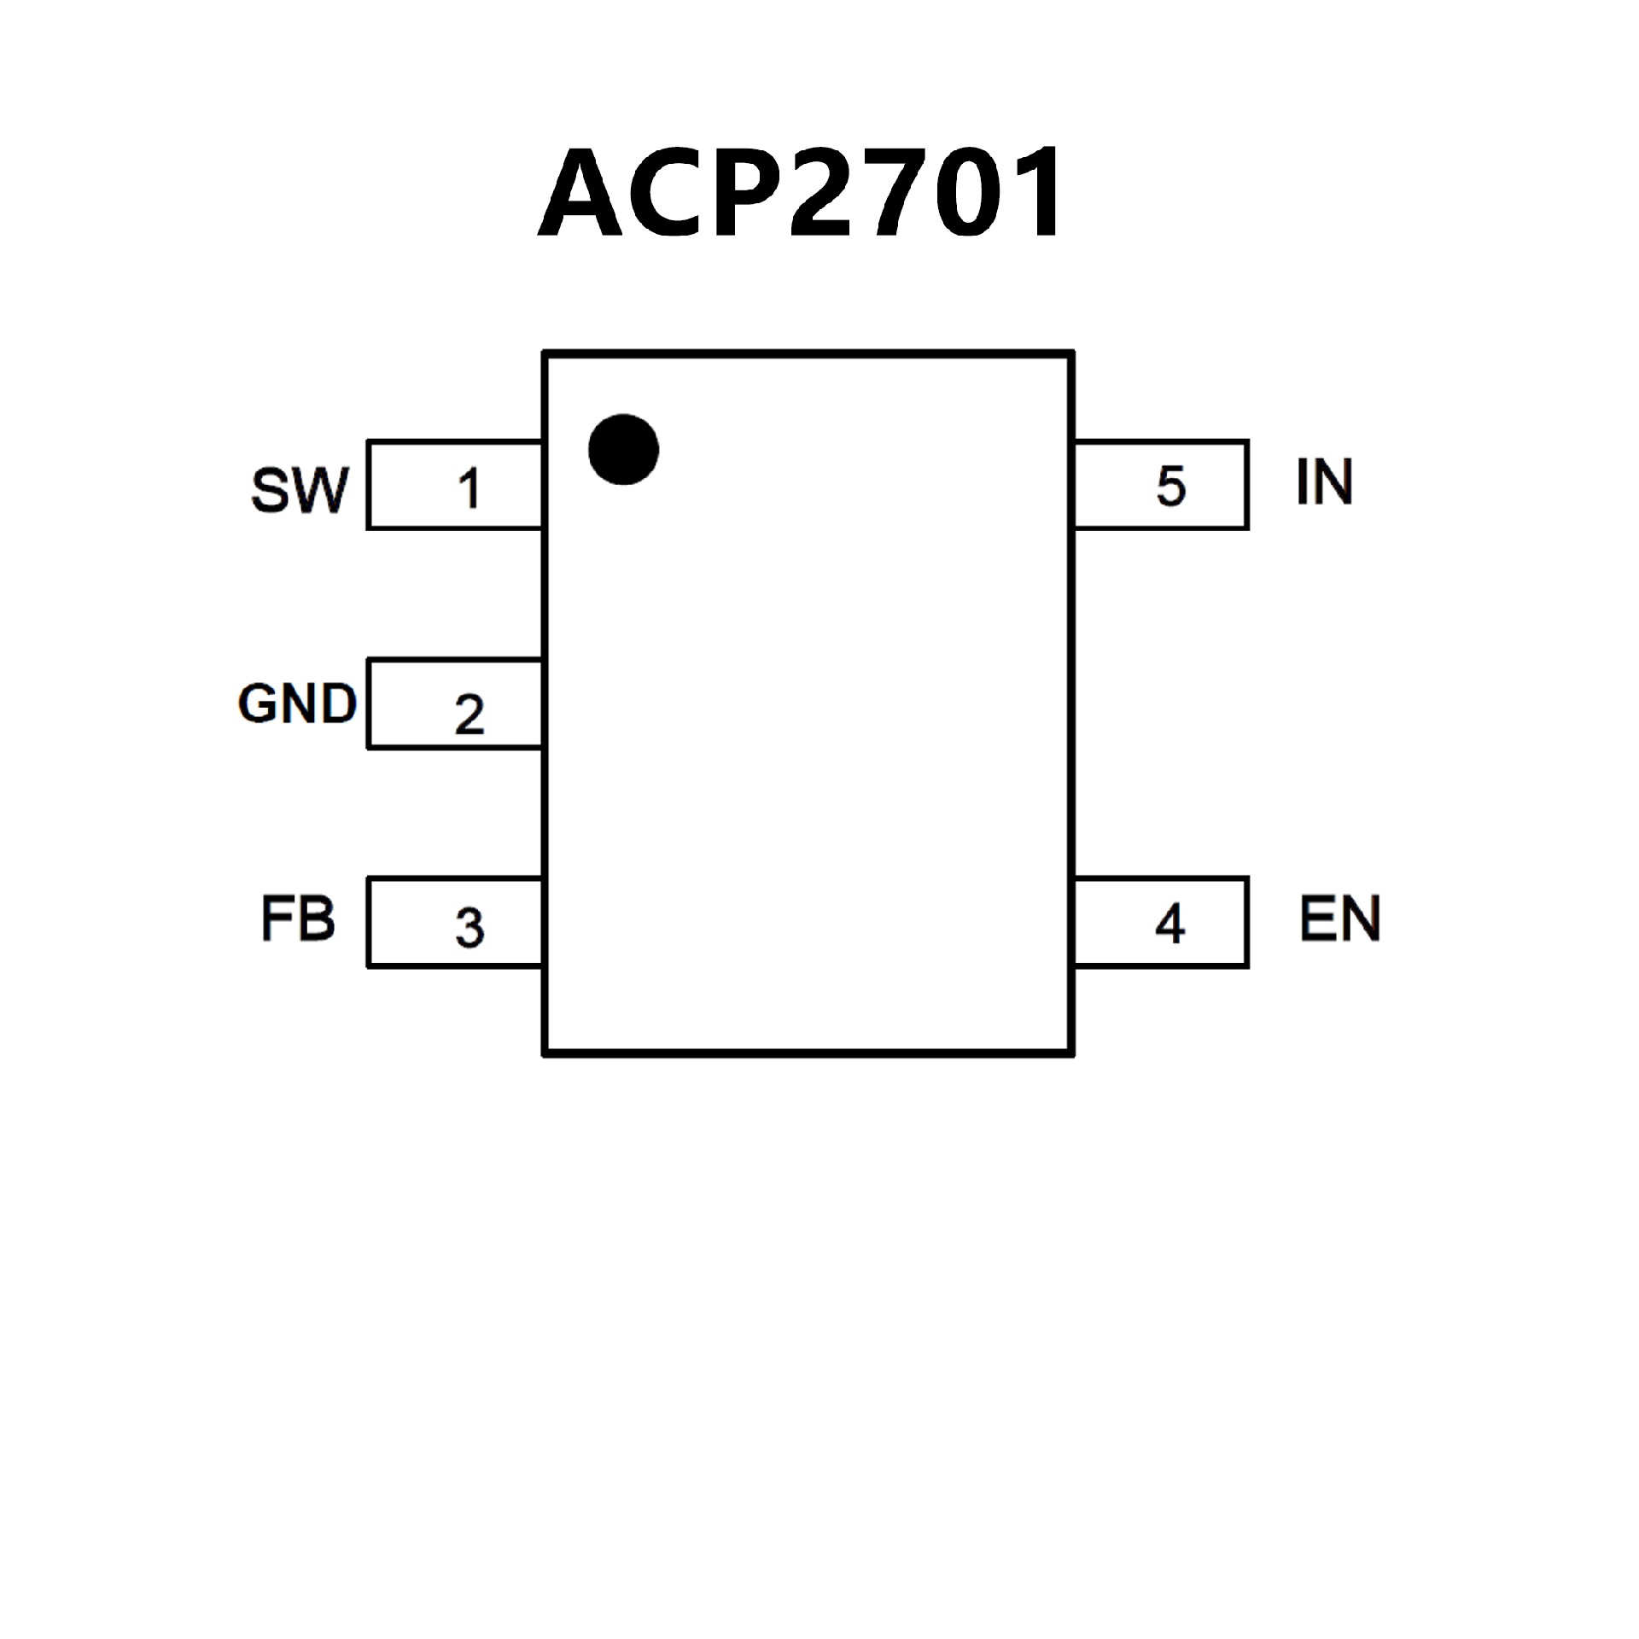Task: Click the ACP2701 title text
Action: (x=802, y=193)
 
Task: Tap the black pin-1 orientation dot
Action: (x=623, y=449)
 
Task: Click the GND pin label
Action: (x=297, y=704)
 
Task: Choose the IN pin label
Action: (x=1324, y=482)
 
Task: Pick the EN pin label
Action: (x=1339, y=919)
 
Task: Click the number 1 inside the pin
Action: (x=469, y=489)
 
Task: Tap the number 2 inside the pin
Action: (x=470, y=714)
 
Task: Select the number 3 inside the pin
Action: (x=470, y=928)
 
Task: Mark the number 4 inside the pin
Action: (x=1169, y=924)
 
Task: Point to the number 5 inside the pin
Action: (x=1170, y=487)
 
